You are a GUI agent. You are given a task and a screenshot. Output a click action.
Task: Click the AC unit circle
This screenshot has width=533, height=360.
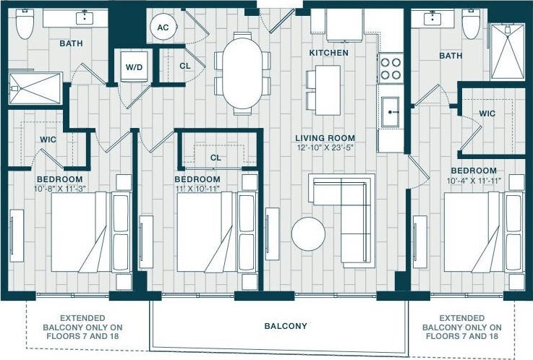pos(162,27)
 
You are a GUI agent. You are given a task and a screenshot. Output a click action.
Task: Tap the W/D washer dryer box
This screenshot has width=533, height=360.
pos(134,67)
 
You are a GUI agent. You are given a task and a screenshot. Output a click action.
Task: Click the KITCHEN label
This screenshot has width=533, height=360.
pos(328,53)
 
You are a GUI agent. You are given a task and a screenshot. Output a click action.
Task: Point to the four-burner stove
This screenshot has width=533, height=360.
pos(391,68)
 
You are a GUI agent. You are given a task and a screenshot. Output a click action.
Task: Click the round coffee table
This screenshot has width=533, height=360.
pos(309,234)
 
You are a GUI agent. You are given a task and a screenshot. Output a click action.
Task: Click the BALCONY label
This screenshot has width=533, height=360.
pos(286,326)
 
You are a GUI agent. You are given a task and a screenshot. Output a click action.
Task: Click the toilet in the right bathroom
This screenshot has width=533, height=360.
pos(472,24)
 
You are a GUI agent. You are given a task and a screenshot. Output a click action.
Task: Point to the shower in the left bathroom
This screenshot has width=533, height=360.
pos(34,90)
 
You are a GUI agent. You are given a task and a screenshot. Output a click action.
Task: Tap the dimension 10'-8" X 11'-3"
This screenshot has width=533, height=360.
pos(59,189)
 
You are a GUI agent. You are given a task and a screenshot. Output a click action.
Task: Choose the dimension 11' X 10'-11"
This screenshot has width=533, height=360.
pos(197,189)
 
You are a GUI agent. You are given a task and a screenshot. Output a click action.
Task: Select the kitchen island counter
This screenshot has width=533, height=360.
pos(327,90)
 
